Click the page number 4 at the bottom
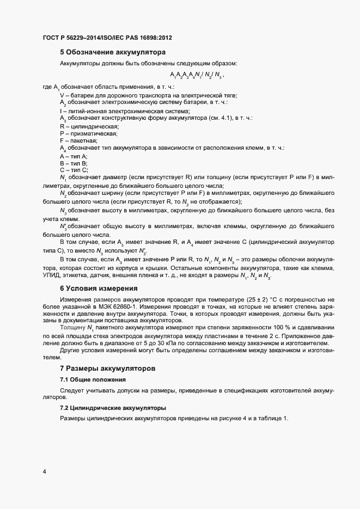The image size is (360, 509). coord(44,471)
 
